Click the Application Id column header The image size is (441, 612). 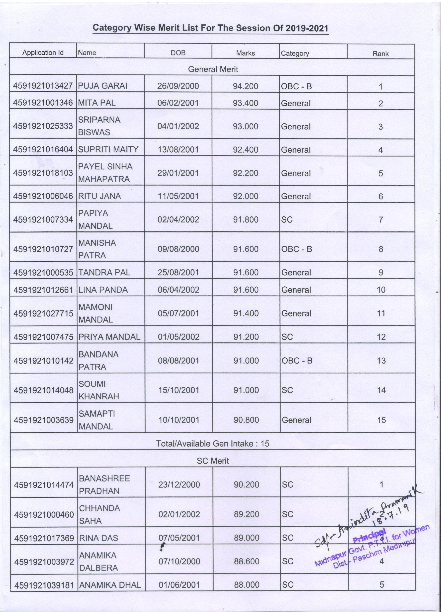pyautogui.click(x=43, y=52)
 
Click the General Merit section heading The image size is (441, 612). pyautogui.click(x=213, y=69)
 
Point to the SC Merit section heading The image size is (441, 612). pyautogui.click(x=213, y=461)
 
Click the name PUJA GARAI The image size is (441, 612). pyautogui.click(x=103, y=86)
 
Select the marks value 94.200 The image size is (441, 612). pyautogui.click(x=245, y=86)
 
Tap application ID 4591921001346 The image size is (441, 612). pyautogui.click(x=43, y=103)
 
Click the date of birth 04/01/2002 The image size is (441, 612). pyautogui.click(x=178, y=126)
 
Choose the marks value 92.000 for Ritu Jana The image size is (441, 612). pyautogui.click(x=246, y=196)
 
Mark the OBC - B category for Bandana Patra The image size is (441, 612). pyautogui.click(x=297, y=361)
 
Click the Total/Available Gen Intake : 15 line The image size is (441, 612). pyautogui.click(x=213, y=444)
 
